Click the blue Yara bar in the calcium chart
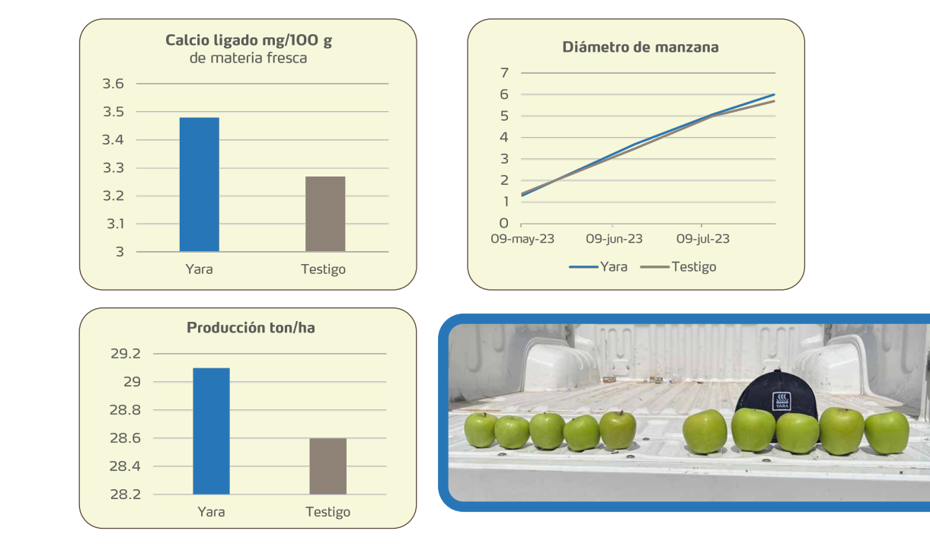click(x=199, y=184)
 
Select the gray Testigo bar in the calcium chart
click(x=325, y=214)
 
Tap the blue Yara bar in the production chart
click(x=211, y=431)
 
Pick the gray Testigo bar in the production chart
click(x=328, y=466)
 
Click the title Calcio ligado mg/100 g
click(x=248, y=40)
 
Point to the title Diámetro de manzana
click(x=640, y=47)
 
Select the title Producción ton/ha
click(x=251, y=328)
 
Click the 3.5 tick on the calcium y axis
click(x=113, y=112)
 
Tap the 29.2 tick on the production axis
click(x=126, y=354)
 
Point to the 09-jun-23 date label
click(x=614, y=239)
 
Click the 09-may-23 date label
click(x=522, y=239)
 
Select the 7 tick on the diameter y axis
click(x=503, y=73)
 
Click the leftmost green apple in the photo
click(x=481, y=430)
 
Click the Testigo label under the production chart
click(x=328, y=512)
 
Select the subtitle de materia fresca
click(x=248, y=58)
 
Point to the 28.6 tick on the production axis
click(x=126, y=438)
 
